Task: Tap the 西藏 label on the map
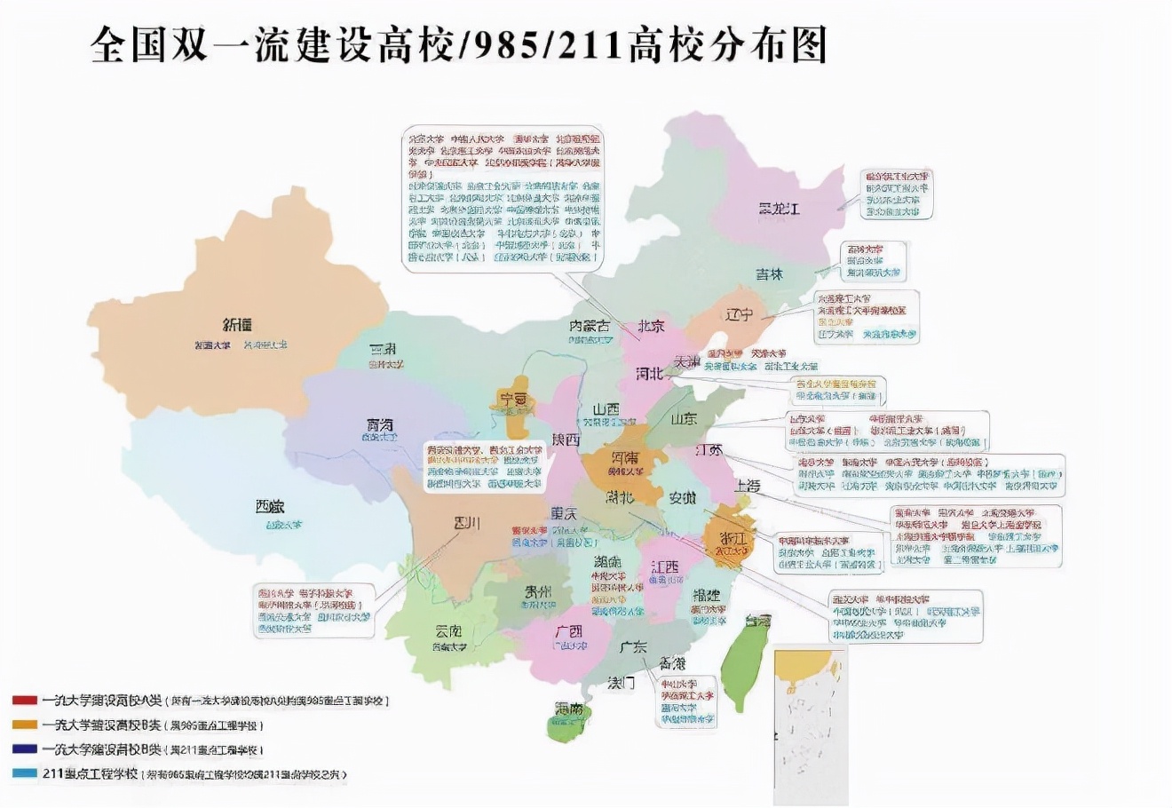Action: click(x=270, y=507)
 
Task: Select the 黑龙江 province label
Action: click(x=779, y=210)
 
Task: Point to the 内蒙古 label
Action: click(x=590, y=327)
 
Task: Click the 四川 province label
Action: click(x=466, y=522)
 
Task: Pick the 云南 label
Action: click(x=448, y=631)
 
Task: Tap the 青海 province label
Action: click(x=380, y=424)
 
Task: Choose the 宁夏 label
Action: click(x=513, y=400)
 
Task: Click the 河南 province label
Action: click(x=625, y=459)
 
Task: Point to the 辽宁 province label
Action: click(x=739, y=314)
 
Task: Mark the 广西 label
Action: click(x=568, y=631)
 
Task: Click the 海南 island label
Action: click(x=569, y=709)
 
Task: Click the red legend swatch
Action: click(x=24, y=700)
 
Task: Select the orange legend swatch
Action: click(x=24, y=725)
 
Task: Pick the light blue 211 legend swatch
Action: click(x=24, y=773)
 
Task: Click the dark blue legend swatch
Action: click(x=24, y=749)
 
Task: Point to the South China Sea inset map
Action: click(x=810, y=724)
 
